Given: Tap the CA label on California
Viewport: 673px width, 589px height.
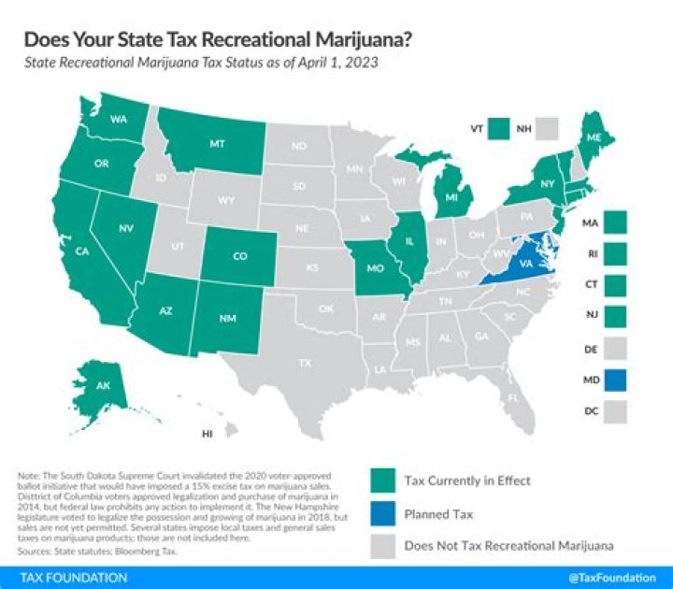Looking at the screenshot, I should click(81, 250).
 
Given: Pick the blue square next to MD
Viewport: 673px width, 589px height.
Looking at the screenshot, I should click(615, 380).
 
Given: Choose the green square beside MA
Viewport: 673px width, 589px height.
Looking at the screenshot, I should click(615, 223).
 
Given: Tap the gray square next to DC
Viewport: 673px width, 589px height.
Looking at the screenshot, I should click(615, 411).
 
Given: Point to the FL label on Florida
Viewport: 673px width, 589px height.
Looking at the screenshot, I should click(513, 397).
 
